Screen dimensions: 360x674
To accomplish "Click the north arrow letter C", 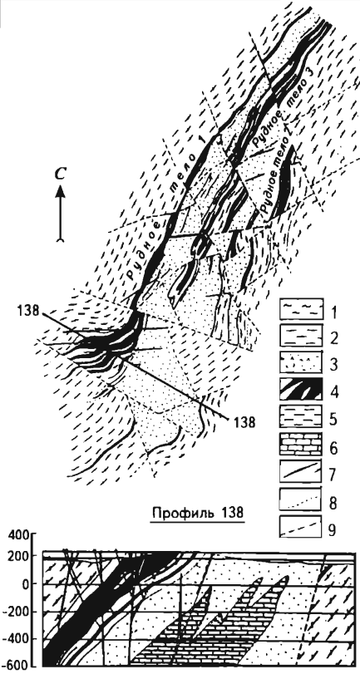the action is pyautogui.click(x=62, y=173).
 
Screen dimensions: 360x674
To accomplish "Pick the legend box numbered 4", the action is pyautogui.click(x=301, y=392).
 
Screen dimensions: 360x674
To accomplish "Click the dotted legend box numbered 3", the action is pyautogui.click(x=301, y=365).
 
